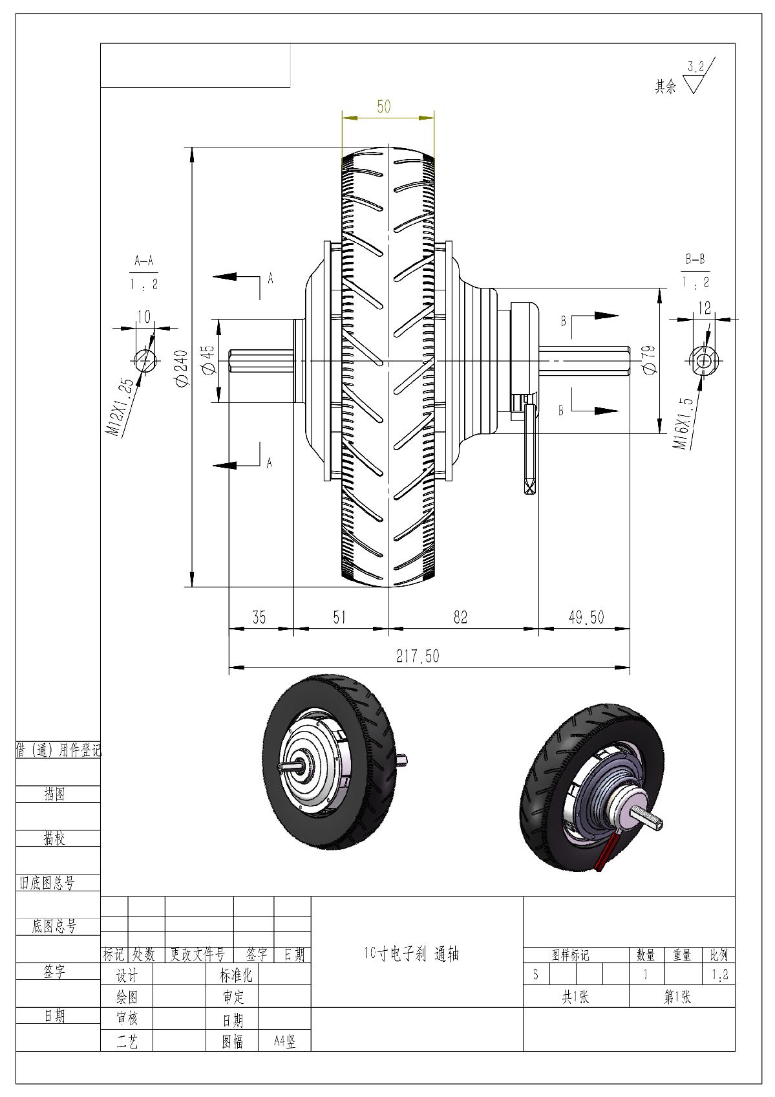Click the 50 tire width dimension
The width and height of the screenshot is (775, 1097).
click(384, 107)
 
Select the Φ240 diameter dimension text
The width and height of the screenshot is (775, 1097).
click(182, 369)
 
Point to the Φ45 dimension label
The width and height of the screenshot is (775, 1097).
click(208, 360)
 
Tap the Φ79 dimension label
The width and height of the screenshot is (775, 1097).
click(650, 359)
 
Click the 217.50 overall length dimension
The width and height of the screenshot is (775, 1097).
click(417, 657)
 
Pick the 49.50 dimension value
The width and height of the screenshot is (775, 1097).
click(586, 618)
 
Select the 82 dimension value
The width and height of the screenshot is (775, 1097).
click(460, 618)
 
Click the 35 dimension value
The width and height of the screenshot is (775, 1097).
click(259, 618)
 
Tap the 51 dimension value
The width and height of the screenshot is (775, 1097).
click(339, 618)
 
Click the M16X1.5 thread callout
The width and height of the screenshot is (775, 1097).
click(685, 424)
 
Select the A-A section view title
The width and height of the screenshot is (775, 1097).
click(143, 261)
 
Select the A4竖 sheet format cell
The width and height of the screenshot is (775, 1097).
click(284, 1041)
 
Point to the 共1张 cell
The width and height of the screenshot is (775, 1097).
click(575, 997)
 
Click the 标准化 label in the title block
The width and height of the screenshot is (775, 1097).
click(237, 975)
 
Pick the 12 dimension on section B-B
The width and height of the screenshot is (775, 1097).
click(704, 308)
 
